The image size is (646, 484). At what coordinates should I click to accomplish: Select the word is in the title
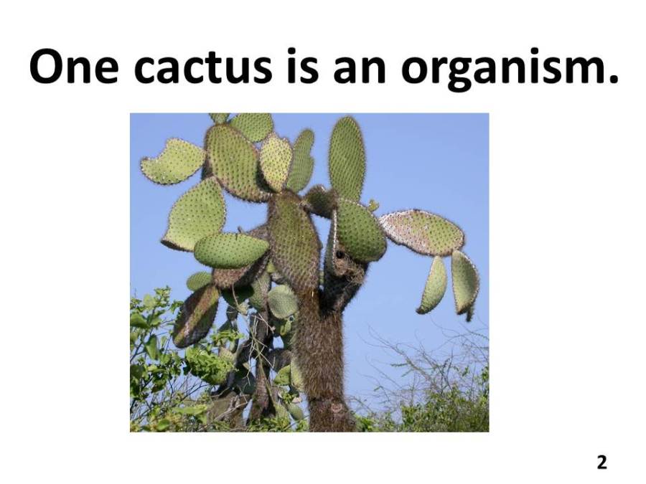tap(303, 66)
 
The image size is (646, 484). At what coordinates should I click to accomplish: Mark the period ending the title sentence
tap(611, 78)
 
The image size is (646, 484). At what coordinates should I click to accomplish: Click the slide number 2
tap(602, 462)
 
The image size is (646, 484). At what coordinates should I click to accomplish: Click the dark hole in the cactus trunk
tap(340, 255)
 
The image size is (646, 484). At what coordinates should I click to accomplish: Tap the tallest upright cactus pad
tap(347, 159)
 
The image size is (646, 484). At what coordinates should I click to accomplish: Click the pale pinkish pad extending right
tap(421, 232)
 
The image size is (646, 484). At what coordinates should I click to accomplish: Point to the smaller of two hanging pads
tap(433, 285)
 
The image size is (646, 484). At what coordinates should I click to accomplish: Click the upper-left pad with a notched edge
tap(172, 161)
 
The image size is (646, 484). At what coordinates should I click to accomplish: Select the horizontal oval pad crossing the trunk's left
tap(230, 250)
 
